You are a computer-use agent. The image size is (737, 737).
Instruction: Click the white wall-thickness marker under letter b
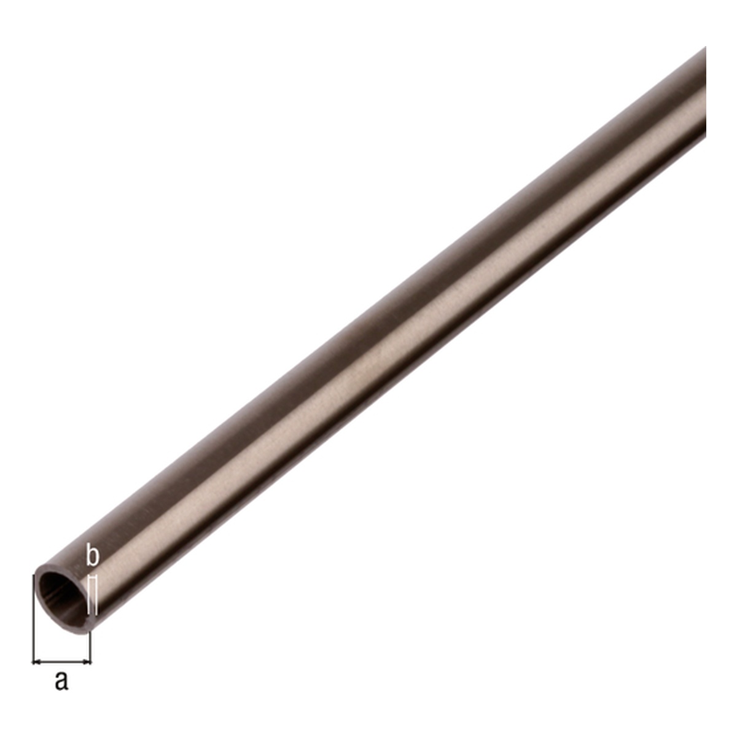[x=92, y=602]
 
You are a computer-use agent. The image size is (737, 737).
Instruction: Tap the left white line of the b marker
[x=88, y=602]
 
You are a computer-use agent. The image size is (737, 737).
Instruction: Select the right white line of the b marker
[x=96, y=602]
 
